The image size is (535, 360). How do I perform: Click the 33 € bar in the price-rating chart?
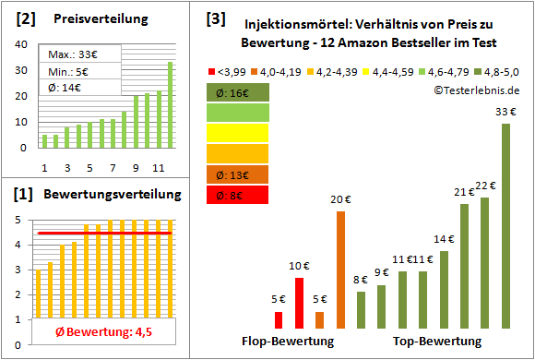pyautogui.click(x=505, y=226)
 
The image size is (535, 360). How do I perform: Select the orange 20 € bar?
pyautogui.click(x=340, y=270)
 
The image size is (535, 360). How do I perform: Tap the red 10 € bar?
pyautogui.click(x=299, y=303)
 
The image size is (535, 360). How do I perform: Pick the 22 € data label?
pyautogui.click(x=486, y=186)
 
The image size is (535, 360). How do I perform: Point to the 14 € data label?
pyautogui.click(x=445, y=239)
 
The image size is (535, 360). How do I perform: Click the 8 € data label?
pyautogui.click(x=361, y=281)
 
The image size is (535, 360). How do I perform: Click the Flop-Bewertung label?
pyautogui.click(x=287, y=342)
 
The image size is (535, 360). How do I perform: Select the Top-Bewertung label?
pyautogui.click(x=437, y=342)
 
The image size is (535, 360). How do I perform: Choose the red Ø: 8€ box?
pyautogui.click(x=238, y=195)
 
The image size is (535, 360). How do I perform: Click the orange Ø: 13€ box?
pyautogui.click(x=238, y=174)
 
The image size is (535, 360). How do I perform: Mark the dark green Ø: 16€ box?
pyautogui.click(x=238, y=92)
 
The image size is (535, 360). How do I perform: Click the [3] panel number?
pyautogui.click(x=216, y=18)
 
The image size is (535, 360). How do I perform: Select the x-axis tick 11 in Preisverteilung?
pyautogui.click(x=158, y=167)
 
